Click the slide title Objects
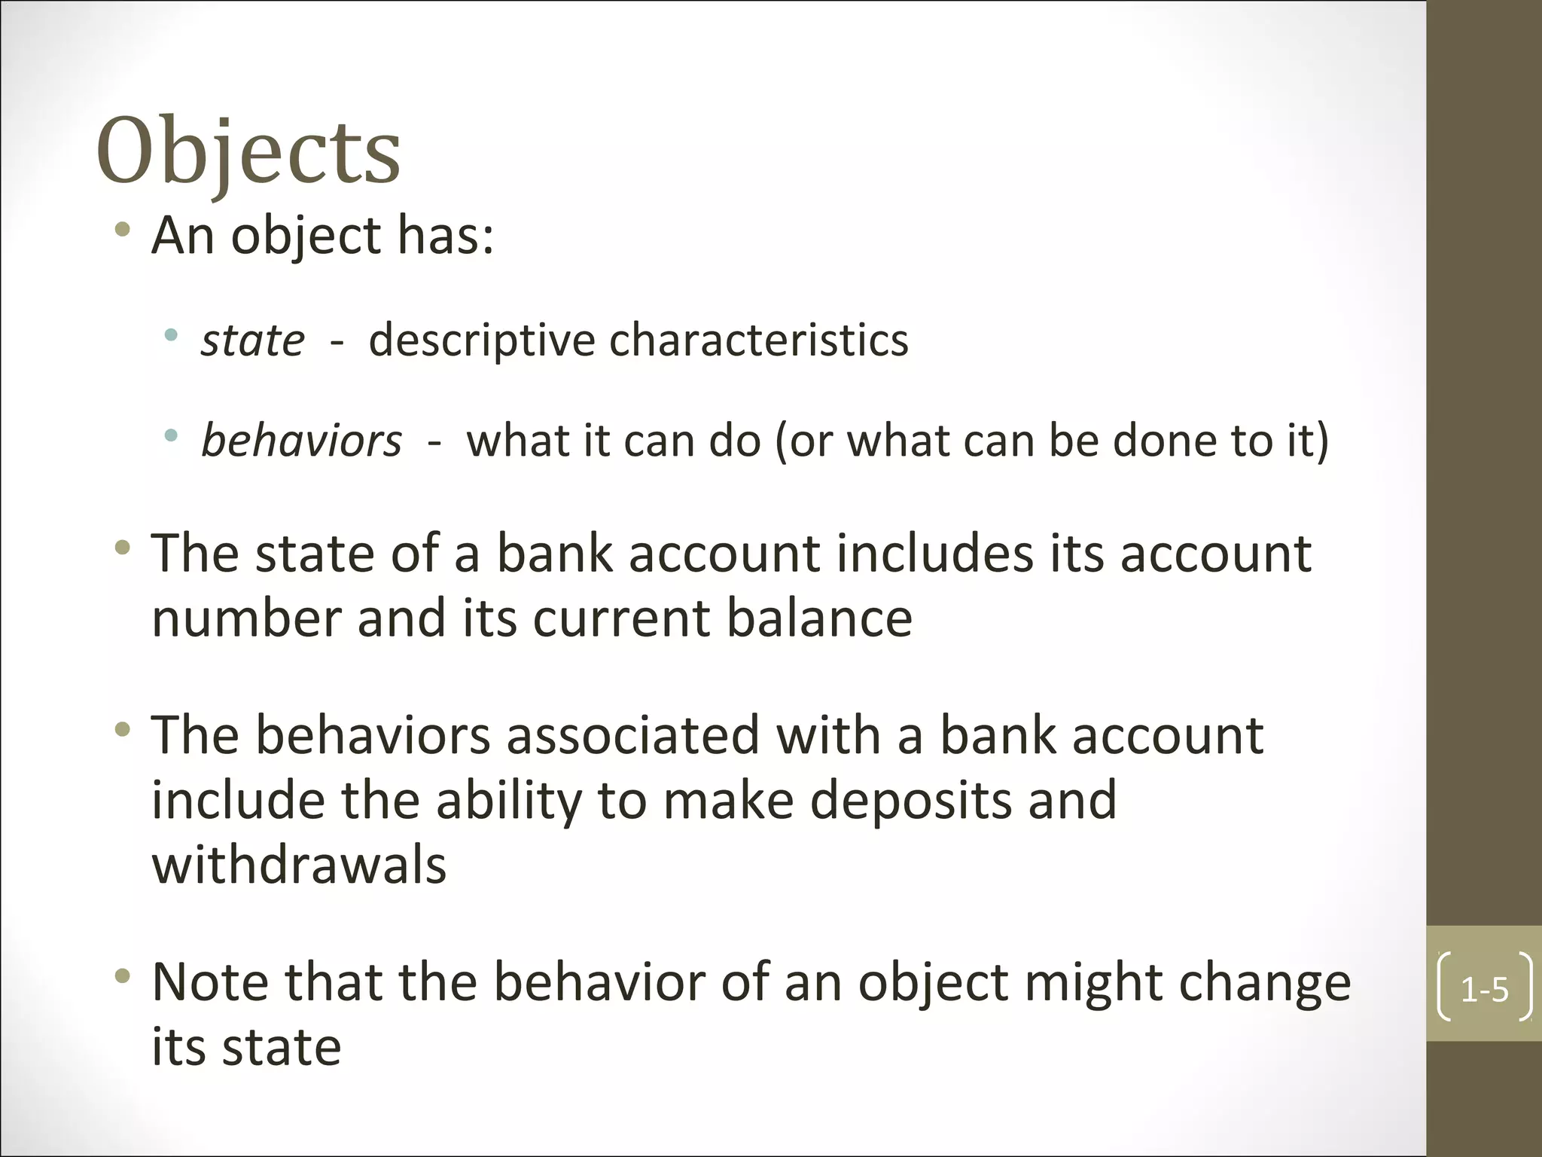[248, 151]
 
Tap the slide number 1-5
[1484, 989]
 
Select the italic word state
[253, 340]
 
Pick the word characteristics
[758, 340]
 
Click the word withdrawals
[299, 864]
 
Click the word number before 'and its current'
[246, 618]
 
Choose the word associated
[632, 735]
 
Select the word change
[1264, 982]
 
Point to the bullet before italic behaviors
[171, 435]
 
